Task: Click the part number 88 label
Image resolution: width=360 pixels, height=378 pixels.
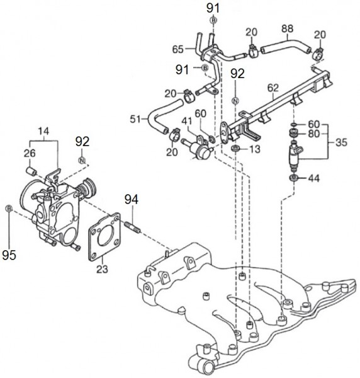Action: (287, 29)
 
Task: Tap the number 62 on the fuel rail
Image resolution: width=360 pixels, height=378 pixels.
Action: (273, 88)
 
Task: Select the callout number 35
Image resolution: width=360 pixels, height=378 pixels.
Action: (341, 142)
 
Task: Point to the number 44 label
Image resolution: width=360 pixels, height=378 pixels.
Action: (314, 178)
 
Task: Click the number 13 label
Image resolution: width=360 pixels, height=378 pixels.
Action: (255, 149)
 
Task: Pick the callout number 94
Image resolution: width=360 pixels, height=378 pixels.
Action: (132, 200)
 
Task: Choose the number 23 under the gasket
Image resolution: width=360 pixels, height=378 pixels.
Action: (102, 269)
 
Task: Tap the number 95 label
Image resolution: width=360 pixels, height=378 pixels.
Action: (9, 255)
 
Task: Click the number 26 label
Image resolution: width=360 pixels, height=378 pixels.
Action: (30, 153)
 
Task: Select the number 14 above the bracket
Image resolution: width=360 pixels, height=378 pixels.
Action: (43, 131)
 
